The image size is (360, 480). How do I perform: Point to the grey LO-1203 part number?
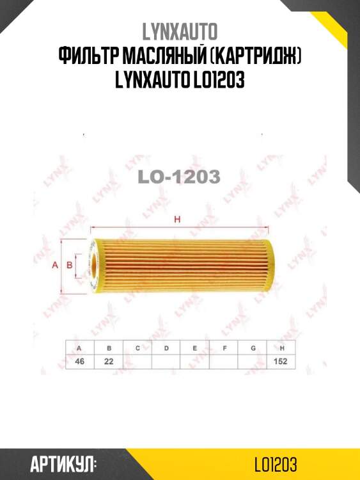click(179, 177)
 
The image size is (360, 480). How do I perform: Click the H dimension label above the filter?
click(178, 221)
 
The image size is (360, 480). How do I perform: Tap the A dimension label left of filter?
click(55, 264)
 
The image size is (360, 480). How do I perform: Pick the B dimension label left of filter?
click(69, 264)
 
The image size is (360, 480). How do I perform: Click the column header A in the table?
click(79, 348)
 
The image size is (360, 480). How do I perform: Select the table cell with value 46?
click(79, 362)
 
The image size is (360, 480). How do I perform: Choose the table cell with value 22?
click(109, 362)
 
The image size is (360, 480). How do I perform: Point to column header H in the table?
click(281, 348)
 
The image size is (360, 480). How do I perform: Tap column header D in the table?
click(166, 348)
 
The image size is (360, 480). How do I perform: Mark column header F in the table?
click(224, 348)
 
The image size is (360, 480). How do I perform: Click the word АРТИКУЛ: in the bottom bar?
click(63, 464)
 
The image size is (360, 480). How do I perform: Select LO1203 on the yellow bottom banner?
click(275, 464)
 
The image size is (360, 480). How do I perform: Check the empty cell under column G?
click(253, 362)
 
